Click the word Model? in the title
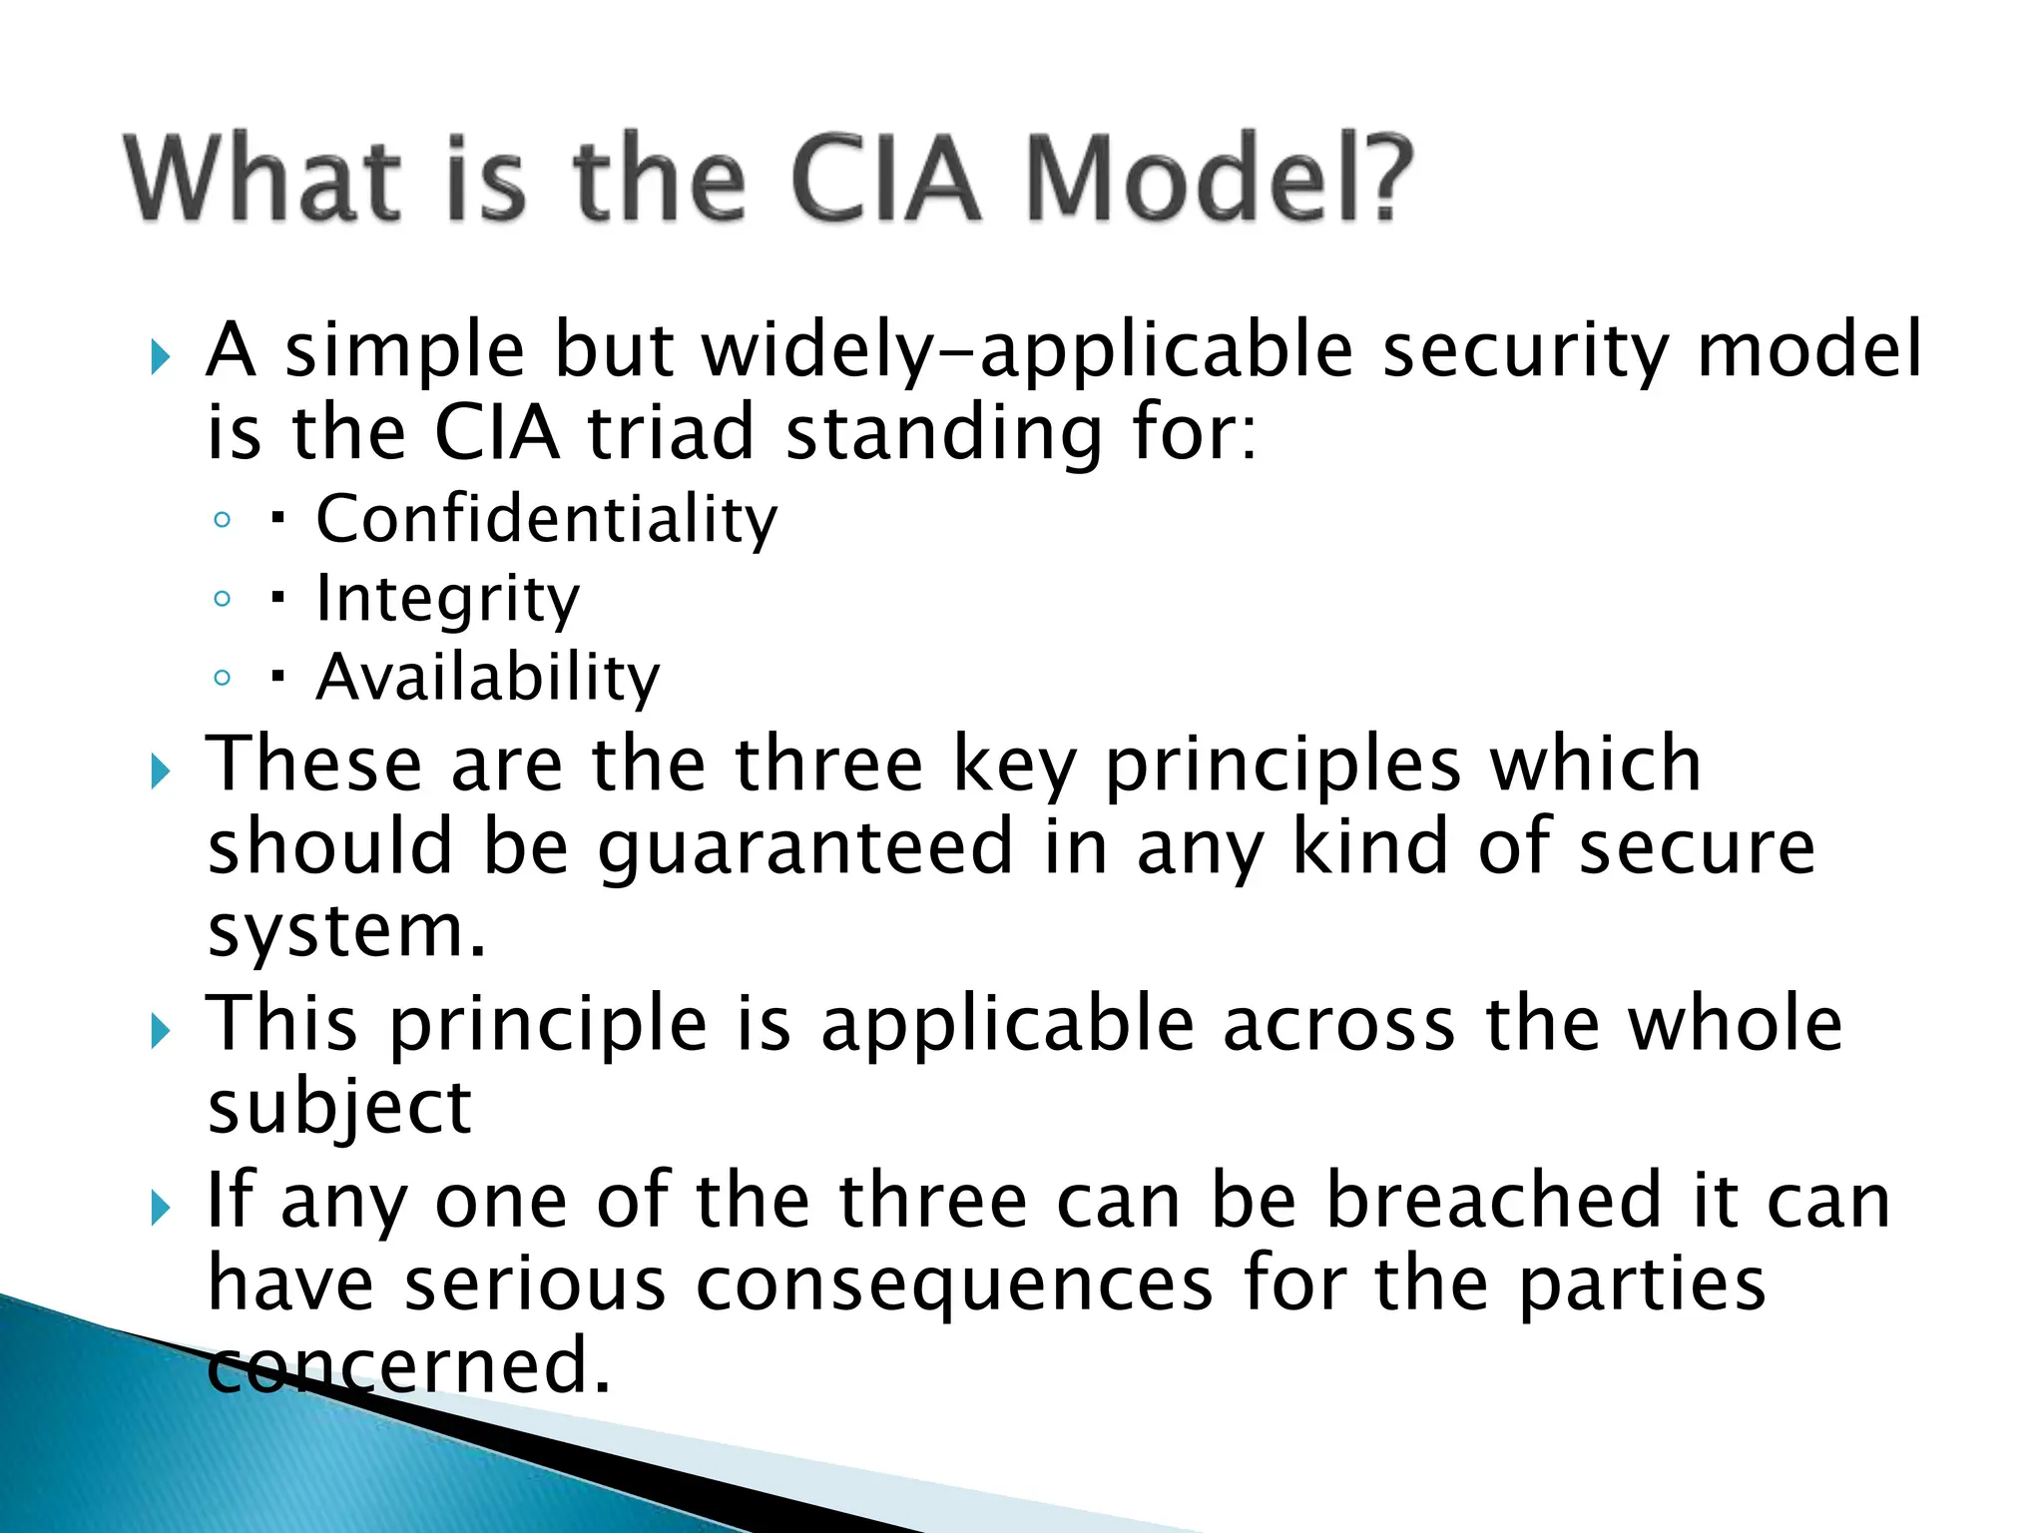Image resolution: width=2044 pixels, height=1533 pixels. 1219,180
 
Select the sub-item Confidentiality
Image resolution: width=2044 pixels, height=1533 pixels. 546,519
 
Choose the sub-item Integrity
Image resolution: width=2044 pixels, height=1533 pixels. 447,599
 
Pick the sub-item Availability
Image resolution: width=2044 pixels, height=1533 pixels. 487,678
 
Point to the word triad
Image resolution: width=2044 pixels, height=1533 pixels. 670,433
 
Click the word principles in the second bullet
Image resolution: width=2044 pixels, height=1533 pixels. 1282,765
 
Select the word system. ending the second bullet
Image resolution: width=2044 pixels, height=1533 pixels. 346,930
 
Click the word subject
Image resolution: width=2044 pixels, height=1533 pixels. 339,1108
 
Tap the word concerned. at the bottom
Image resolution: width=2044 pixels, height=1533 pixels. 408,1365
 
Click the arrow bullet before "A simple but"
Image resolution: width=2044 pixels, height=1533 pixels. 161,356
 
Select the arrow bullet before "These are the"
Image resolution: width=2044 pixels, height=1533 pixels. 161,771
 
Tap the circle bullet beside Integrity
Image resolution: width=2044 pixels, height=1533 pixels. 223,599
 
